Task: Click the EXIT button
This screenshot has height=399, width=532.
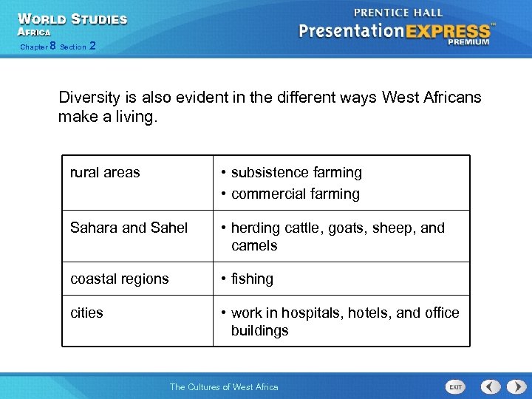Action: pyautogui.click(x=455, y=386)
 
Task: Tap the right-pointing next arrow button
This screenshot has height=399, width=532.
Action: pyautogui.click(x=511, y=386)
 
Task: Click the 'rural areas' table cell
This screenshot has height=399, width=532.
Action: pyautogui.click(x=105, y=172)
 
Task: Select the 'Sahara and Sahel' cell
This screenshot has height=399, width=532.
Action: pyautogui.click(x=129, y=228)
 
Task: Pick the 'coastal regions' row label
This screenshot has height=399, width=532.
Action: pyautogui.click(x=119, y=279)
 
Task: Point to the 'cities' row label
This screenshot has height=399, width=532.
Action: pyautogui.click(x=86, y=313)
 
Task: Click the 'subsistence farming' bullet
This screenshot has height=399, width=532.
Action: pyautogui.click(x=296, y=172)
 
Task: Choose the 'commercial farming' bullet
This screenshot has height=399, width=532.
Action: pyautogui.click(x=295, y=194)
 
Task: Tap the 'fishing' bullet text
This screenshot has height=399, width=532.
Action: pyautogui.click(x=252, y=279)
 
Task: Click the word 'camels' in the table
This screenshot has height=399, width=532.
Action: pyautogui.click(x=254, y=245)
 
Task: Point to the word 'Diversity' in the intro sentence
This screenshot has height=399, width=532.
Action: pyautogui.click(x=88, y=98)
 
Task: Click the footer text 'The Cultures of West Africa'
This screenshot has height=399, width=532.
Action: pyautogui.click(x=224, y=386)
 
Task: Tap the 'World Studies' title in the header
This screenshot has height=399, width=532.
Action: pyautogui.click(x=72, y=19)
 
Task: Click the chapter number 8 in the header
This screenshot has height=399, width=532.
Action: pyautogui.click(x=52, y=46)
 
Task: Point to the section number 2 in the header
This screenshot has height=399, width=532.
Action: pyautogui.click(x=92, y=46)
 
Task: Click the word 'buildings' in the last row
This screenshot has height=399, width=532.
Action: pyautogui.click(x=259, y=330)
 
